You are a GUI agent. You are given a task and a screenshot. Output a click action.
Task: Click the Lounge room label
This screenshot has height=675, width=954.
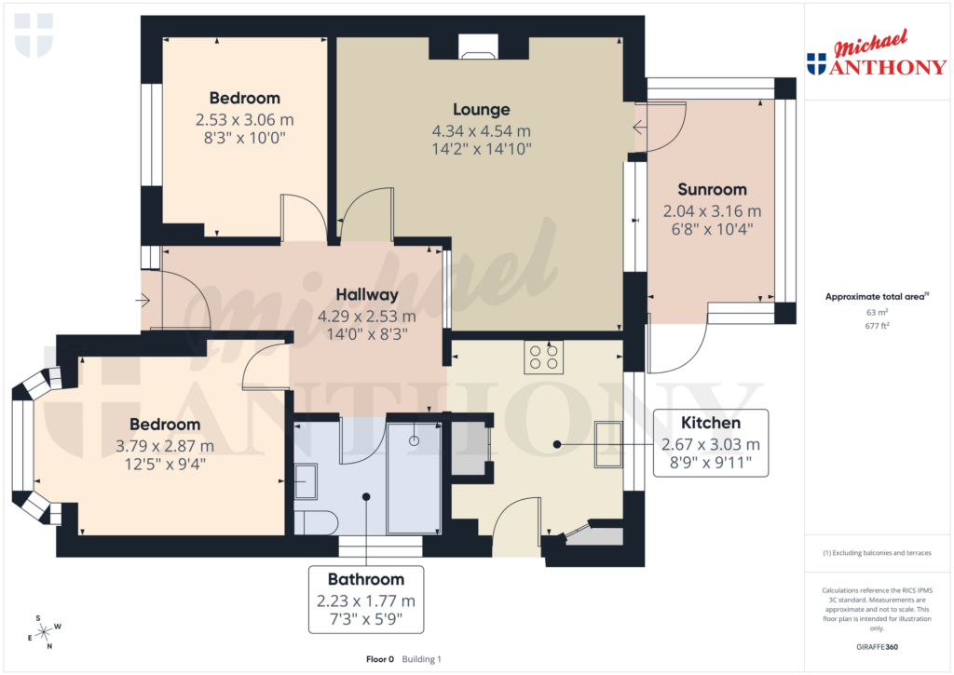click(482, 109)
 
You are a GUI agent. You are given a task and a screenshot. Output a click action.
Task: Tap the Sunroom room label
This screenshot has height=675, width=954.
click(712, 189)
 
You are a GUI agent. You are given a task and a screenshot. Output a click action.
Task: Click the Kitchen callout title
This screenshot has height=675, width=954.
click(711, 424)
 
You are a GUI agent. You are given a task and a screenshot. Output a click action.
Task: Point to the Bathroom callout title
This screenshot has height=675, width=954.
click(366, 579)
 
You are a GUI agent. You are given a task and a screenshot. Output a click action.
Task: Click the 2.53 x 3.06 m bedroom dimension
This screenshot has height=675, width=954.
click(244, 119)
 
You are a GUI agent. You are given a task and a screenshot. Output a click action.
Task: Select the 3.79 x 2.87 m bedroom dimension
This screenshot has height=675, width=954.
click(166, 446)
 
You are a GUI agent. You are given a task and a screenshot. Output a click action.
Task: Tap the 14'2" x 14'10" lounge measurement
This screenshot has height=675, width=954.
click(482, 148)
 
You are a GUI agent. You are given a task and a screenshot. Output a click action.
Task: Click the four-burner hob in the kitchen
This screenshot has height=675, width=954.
click(543, 358)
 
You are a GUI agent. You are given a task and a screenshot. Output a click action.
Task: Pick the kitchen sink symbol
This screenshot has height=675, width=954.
click(609, 444)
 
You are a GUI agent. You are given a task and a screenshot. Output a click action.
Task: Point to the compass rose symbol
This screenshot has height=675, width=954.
click(44, 632)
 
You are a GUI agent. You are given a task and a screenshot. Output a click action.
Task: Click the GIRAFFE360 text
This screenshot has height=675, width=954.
click(877, 646)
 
